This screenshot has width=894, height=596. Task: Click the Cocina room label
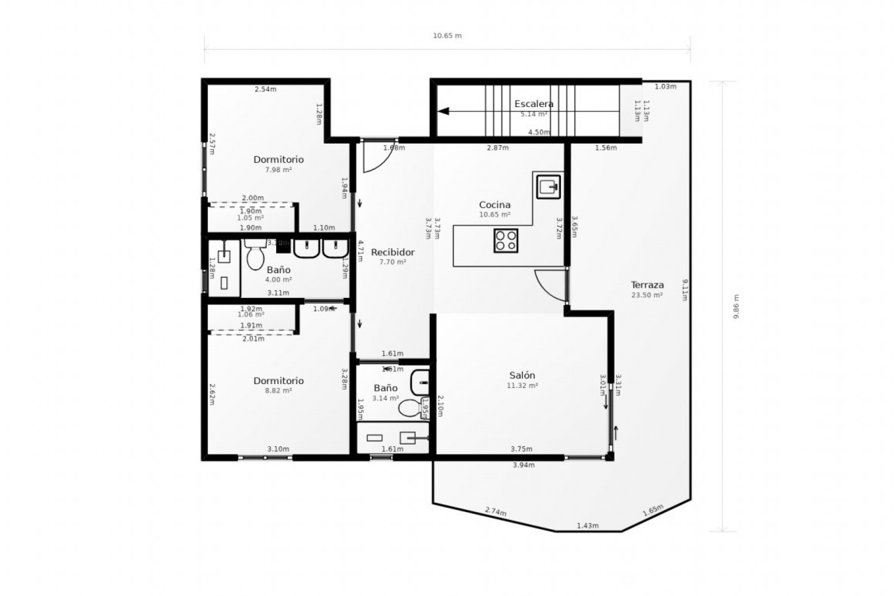click(x=494, y=204)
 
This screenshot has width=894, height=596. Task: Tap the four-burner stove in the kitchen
click(x=506, y=241)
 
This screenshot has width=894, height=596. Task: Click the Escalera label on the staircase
click(x=534, y=104)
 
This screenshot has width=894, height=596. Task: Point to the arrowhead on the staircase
click(x=443, y=111)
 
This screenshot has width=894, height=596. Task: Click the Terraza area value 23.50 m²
click(x=647, y=295)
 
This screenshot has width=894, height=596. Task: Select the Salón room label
click(x=522, y=375)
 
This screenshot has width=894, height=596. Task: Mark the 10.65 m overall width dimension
click(x=447, y=36)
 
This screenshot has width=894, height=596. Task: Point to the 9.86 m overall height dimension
click(x=736, y=306)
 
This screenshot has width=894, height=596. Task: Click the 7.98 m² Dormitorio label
click(x=278, y=160)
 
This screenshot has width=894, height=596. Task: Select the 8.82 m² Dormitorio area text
click(x=278, y=391)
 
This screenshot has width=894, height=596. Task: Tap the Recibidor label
click(x=393, y=252)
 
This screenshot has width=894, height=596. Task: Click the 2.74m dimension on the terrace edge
click(x=495, y=512)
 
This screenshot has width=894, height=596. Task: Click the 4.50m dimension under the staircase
click(x=539, y=132)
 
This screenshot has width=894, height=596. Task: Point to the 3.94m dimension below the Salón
click(x=523, y=465)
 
